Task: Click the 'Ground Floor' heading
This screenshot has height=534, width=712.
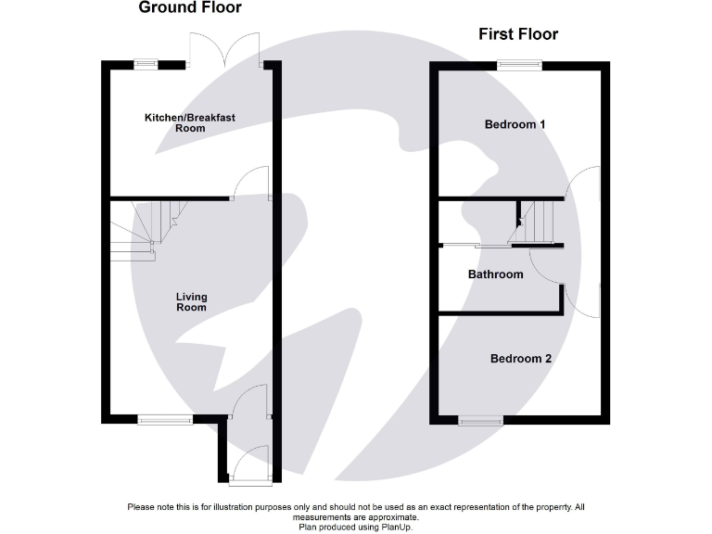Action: [189, 8]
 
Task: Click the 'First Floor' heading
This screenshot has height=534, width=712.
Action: [517, 35]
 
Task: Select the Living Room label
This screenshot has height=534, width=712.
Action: [192, 302]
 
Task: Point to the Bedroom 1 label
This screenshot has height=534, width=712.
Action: [515, 124]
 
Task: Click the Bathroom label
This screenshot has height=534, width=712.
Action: [495, 274]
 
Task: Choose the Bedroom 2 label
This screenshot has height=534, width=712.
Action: [521, 358]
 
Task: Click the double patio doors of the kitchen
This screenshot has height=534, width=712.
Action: [224, 51]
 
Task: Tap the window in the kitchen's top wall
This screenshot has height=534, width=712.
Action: [145, 64]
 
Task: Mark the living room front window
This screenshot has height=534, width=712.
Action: [166, 420]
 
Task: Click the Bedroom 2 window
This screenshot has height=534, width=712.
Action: [480, 421]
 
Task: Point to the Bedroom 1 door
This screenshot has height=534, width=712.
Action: [584, 181]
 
